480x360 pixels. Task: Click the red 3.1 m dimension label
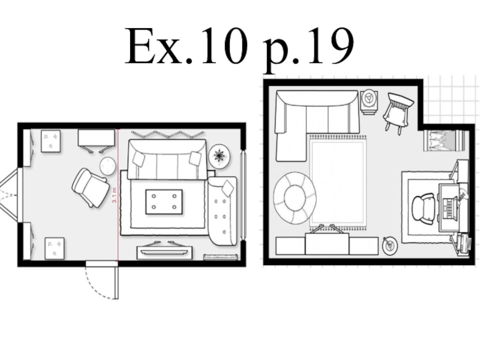pyautogui.click(x=115, y=194)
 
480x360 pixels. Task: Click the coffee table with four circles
pyautogui.click(x=164, y=202)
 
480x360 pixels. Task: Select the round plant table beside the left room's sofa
pyautogui.click(x=220, y=155)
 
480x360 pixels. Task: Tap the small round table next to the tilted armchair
pyautogui.click(x=108, y=166)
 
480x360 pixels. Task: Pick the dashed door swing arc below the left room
pyautogui.click(x=98, y=284)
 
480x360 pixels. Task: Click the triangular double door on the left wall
pyautogui.click(x=8, y=194)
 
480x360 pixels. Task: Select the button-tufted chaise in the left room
pyautogui.click(x=222, y=211)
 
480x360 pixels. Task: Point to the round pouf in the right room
pyautogui.click(x=295, y=198)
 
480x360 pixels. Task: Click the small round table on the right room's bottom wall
pyautogui.click(x=390, y=245)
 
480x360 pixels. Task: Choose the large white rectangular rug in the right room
pyautogui.click(x=338, y=182)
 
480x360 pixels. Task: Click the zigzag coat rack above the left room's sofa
pyautogui.click(x=168, y=134)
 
